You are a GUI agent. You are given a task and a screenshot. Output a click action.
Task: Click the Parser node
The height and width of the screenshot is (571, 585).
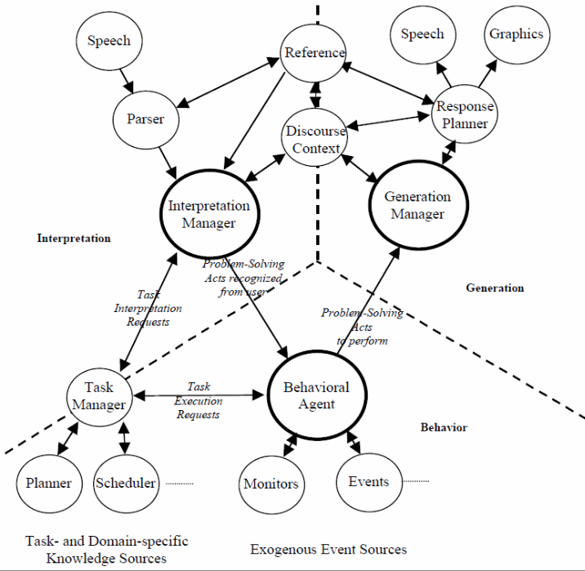tap(145, 119)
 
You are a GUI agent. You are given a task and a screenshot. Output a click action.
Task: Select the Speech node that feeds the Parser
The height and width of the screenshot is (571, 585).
tap(108, 42)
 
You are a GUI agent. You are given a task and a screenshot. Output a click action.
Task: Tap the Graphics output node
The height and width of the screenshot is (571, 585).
tap(516, 34)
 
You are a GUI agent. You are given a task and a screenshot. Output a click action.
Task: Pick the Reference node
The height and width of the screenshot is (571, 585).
tap(315, 53)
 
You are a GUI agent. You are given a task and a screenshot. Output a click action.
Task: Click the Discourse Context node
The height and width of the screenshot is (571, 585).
tap(315, 138)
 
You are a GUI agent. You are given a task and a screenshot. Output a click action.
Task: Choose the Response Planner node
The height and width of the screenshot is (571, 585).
tap(464, 115)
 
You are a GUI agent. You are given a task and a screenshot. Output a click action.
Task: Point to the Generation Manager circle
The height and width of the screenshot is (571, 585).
tap(417, 205)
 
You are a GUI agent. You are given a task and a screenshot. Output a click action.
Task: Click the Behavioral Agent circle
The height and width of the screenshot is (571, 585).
tap(315, 395)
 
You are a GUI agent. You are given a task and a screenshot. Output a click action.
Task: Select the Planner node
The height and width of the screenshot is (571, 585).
tap(48, 483)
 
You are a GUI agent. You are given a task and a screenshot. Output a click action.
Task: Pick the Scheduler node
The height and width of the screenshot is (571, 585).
tap(126, 483)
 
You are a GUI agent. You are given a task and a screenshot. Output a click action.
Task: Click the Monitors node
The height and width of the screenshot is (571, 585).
tap(271, 484)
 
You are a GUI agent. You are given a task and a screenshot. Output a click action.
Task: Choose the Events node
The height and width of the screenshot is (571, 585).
tap(368, 481)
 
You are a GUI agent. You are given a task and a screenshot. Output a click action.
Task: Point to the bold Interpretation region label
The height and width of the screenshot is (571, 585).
tap(74, 239)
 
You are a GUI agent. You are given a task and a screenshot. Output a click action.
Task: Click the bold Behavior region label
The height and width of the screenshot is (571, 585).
tap(444, 427)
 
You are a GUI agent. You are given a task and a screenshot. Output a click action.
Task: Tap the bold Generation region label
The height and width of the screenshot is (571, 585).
tap(494, 288)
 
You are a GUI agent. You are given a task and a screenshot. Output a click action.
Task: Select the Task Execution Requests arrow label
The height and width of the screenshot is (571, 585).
tap(199, 400)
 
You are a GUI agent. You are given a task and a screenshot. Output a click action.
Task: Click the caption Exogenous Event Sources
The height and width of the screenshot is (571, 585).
tap(328, 549)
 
